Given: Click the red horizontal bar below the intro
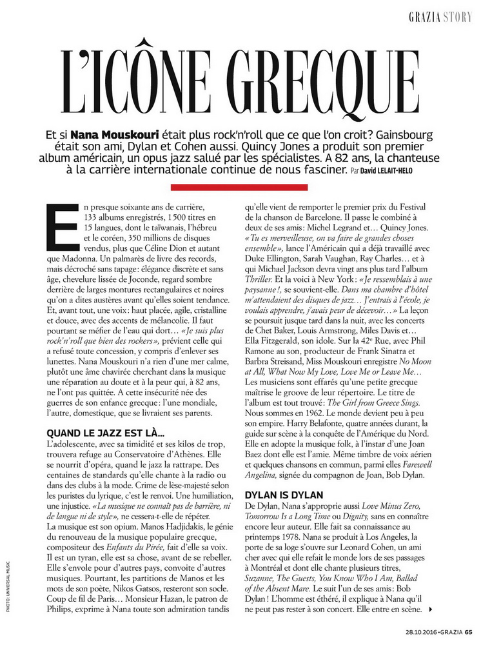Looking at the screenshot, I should click(x=250, y=187).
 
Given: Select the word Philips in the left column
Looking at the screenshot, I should click(x=62, y=610).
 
